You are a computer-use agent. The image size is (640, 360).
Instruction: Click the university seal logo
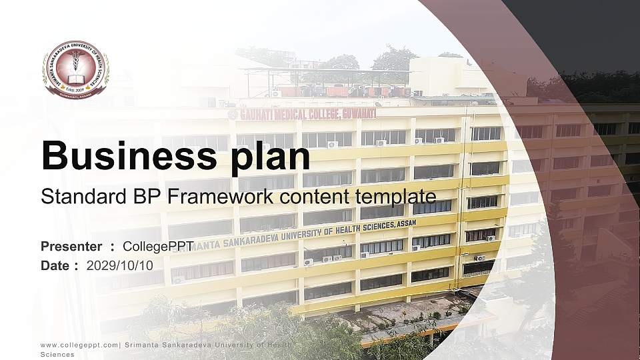click(x=76, y=69)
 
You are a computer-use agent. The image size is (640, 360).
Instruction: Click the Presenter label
click(x=71, y=247)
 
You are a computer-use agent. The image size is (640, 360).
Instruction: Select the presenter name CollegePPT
click(x=158, y=247)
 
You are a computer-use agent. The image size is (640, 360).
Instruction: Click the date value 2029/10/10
click(x=120, y=265)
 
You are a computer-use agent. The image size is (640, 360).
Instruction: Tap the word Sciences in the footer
click(x=57, y=355)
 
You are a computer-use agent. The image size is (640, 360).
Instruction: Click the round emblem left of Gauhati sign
click(x=232, y=115)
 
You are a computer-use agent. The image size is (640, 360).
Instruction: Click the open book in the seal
click(x=76, y=79)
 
